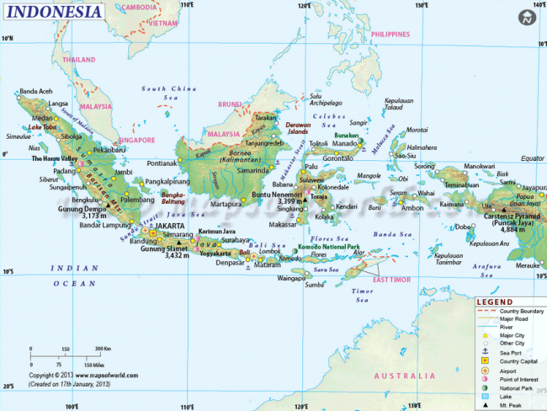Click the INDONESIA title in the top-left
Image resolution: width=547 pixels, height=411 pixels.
[53, 13]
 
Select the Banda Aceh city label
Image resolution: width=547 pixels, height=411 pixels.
[36, 91]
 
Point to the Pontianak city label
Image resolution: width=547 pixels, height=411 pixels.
[162, 163]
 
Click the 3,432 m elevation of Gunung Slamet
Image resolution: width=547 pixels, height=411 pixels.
[176, 256]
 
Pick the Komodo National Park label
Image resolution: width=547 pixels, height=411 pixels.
[329, 247]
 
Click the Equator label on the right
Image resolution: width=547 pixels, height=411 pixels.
[532, 158]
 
